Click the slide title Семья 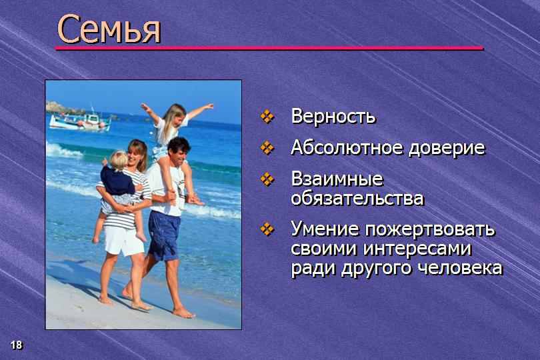[x=109, y=29]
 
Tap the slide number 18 [x=16, y=345]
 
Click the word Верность [x=333, y=116]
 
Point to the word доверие [x=447, y=148]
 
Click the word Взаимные [x=337, y=179]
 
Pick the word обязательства [x=357, y=199]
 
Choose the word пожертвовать [x=430, y=229]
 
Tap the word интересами [x=417, y=249]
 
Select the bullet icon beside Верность [x=267, y=116]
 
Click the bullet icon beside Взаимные [x=267, y=179]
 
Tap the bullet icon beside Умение [x=267, y=229]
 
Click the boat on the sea [x=80, y=120]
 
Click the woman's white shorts [x=123, y=241]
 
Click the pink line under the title [x=269, y=49]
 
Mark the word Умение [x=325, y=229]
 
